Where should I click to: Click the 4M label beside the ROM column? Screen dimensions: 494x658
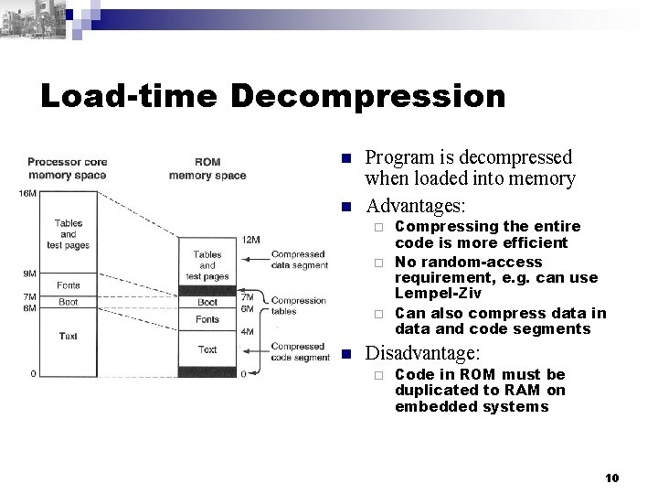248,330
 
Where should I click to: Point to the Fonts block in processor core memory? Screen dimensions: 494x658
68,285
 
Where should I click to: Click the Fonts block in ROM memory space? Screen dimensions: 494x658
207,319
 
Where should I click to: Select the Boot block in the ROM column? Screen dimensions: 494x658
207,301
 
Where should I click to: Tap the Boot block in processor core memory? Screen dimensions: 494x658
68,302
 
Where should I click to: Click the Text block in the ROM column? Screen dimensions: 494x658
207,349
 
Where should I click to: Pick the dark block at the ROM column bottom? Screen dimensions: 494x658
207,371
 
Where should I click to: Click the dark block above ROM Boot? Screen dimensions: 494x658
207,289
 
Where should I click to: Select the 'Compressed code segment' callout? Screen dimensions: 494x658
301,353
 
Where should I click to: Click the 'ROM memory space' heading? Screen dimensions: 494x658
207,169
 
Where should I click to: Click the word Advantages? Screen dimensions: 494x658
416,201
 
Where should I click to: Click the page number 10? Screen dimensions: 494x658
612,478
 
